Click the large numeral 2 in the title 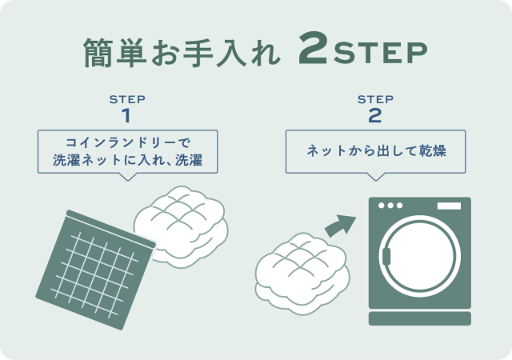pyautogui.click(x=313, y=48)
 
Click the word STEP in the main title pyautogui.click(x=381, y=53)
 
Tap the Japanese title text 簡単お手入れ pyautogui.click(x=182, y=52)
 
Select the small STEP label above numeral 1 pyautogui.click(x=127, y=99)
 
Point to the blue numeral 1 pyautogui.click(x=126, y=116)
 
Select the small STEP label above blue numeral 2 pyautogui.click(x=375, y=99)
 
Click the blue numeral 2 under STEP pyautogui.click(x=375, y=116)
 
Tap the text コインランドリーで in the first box pyautogui.click(x=128, y=142)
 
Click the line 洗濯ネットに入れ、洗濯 pyautogui.click(x=128, y=160)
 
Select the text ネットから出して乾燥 pyautogui.click(x=376, y=151)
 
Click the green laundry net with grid pyautogui.click(x=95, y=270)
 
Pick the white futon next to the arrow pyautogui.click(x=302, y=274)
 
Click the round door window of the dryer pyautogui.click(x=420, y=256)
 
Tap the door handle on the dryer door pyautogui.click(x=386, y=257)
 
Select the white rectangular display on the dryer pyautogui.click(x=449, y=206)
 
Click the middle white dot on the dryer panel pyautogui.click(x=390, y=206)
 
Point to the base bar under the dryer pyautogui.click(x=420, y=318)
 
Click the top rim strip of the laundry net pyautogui.click(x=111, y=229)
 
